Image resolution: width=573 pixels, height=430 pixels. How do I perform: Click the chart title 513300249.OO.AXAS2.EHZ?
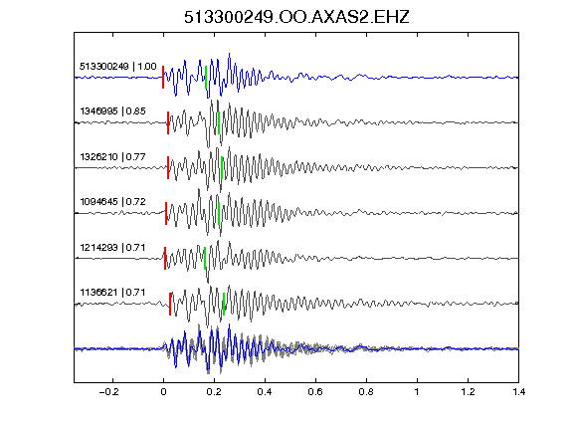(x=296, y=17)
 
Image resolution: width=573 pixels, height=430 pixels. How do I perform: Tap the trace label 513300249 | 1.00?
(x=118, y=67)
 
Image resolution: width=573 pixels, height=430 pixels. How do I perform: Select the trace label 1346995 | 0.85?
(x=113, y=111)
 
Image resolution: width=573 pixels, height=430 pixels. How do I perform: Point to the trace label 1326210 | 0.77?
(x=113, y=157)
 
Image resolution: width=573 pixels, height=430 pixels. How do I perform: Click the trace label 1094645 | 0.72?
(x=113, y=202)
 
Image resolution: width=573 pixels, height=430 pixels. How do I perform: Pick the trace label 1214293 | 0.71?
(x=112, y=248)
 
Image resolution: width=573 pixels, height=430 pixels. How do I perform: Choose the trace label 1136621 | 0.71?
(x=112, y=293)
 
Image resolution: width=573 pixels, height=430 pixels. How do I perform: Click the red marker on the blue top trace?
(x=163, y=77)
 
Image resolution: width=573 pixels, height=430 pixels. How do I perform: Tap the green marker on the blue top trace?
(x=206, y=77)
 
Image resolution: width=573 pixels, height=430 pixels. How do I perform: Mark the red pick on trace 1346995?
(x=168, y=122)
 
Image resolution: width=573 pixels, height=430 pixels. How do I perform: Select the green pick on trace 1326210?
(x=222, y=168)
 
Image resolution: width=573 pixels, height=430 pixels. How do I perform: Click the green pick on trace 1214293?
(x=205, y=258)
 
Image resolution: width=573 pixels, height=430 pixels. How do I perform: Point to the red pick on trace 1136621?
(x=170, y=304)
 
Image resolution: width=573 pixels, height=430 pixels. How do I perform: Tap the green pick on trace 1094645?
(x=219, y=213)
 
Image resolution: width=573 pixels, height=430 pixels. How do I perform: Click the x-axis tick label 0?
(x=163, y=392)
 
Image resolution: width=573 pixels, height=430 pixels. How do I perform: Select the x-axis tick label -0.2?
(x=108, y=392)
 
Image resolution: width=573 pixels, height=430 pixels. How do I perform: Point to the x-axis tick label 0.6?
(x=315, y=392)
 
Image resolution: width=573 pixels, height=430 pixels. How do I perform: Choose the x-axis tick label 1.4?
(x=518, y=392)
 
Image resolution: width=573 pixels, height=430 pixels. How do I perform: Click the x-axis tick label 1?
(x=417, y=392)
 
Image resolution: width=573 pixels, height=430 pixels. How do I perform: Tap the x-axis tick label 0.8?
(x=366, y=392)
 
